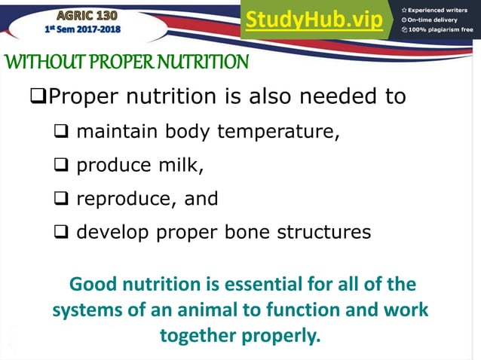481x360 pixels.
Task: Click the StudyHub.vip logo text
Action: tap(314, 20)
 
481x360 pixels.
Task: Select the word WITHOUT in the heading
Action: tap(40, 62)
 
